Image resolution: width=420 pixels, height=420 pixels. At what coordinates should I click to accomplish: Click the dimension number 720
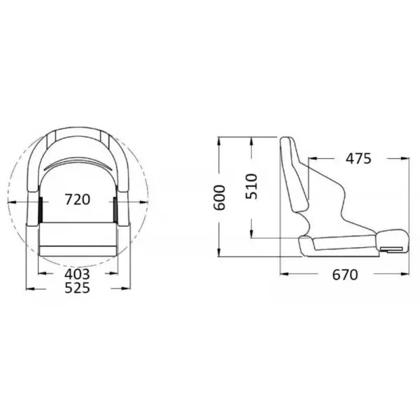click(77, 199)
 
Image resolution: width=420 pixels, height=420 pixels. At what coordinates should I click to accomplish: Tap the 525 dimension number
click(77, 288)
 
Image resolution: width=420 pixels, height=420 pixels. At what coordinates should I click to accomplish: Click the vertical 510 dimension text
click(252, 186)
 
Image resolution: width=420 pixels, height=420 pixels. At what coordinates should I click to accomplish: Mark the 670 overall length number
click(344, 274)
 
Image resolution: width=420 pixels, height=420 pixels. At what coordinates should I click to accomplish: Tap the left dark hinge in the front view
click(41, 206)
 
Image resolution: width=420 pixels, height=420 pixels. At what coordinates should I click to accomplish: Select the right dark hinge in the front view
click(113, 206)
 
